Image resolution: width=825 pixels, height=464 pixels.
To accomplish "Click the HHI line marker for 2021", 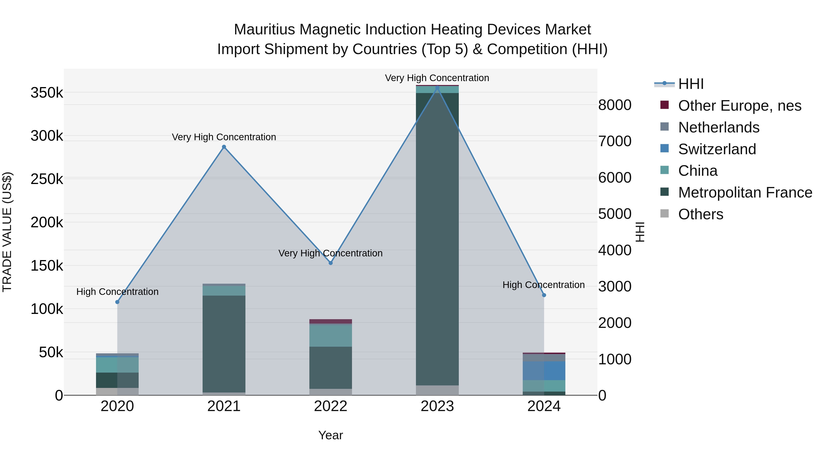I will (x=224, y=147).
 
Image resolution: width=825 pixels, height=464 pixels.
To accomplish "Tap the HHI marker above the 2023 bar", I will (x=437, y=88).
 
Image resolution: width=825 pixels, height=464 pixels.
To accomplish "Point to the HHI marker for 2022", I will (x=330, y=263).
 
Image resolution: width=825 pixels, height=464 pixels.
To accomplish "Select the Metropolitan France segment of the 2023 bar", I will (x=437, y=239).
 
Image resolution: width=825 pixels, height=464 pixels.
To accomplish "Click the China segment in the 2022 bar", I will (x=330, y=336).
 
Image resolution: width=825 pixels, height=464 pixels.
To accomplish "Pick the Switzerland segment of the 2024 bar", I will (x=544, y=371).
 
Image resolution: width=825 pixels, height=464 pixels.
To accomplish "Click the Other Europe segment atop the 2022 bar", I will (x=330, y=321).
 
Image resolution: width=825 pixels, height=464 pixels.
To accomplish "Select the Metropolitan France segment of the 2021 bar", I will (x=224, y=344).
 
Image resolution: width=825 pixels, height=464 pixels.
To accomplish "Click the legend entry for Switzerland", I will (x=717, y=149).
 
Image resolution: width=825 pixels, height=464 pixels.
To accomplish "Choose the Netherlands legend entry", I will (x=718, y=127).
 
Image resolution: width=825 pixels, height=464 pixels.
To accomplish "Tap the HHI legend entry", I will (x=690, y=84).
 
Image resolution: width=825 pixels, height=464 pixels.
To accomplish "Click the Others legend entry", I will (x=700, y=214).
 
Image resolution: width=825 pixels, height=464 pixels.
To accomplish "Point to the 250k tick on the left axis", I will (x=47, y=179).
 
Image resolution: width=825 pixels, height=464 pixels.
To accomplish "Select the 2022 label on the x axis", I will (x=330, y=406).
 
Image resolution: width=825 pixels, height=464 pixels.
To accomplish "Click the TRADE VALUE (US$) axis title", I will (x=7, y=232).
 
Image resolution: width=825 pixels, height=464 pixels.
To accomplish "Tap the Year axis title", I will (x=330, y=435).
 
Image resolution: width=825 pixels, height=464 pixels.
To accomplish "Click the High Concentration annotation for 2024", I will (x=544, y=285).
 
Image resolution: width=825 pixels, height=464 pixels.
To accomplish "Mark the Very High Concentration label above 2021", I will (x=224, y=137).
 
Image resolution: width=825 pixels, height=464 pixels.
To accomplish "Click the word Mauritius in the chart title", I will (x=264, y=30).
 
